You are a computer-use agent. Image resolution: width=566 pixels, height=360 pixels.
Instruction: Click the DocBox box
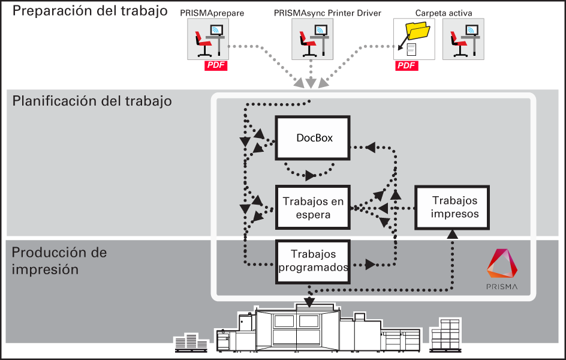(x=312, y=137)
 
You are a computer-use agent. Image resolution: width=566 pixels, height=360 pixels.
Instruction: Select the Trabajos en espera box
(x=312, y=207)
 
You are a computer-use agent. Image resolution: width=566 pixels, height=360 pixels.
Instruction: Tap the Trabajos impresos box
(x=452, y=207)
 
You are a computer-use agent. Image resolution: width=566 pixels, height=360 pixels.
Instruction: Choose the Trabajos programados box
(x=312, y=262)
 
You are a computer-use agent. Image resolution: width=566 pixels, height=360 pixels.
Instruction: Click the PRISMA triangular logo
(x=502, y=263)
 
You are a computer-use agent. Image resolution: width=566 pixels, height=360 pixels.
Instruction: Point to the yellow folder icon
(x=418, y=31)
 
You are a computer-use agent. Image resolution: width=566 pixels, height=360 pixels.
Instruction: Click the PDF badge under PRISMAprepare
(x=216, y=65)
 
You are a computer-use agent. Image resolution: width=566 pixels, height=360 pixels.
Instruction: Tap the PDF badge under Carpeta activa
(x=407, y=65)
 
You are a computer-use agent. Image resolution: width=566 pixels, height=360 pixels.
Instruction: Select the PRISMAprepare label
(x=212, y=13)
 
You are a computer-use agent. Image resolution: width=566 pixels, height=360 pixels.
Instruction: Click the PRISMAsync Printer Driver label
(x=327, y=13)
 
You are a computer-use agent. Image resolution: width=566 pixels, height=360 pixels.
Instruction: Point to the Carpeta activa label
(x=444, y=13)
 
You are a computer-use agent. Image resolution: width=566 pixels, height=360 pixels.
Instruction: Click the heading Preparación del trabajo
(x=90, y=11)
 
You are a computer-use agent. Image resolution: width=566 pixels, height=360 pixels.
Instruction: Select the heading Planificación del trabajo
(x=92, y=101)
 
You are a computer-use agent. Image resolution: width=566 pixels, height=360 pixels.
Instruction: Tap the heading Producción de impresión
(x=59, y=261)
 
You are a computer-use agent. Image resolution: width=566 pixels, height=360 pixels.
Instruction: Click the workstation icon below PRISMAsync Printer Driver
(x=312, y=39)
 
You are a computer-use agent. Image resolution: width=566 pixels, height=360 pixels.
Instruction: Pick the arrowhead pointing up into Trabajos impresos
(x=452, y=235)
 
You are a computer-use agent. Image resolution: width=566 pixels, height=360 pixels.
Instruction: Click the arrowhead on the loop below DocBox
(x=310, y=175)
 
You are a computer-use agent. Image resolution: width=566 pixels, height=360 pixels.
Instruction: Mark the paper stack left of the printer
(x=191, y=343)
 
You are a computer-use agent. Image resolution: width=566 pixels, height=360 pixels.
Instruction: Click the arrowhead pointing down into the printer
(x=309, y=302)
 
